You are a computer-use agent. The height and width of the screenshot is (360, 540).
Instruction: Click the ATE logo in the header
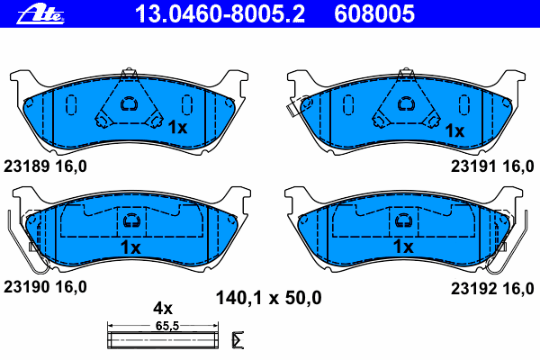40,14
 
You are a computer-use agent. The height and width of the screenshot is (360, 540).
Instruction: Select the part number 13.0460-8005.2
220,14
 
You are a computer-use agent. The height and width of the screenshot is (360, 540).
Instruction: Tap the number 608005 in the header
374,14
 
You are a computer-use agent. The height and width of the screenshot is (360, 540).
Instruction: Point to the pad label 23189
26,166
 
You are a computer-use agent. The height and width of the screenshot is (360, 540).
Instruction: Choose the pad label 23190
26,287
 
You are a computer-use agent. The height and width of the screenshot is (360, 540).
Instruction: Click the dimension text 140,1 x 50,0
268,298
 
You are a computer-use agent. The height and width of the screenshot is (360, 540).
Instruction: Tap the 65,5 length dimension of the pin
167,326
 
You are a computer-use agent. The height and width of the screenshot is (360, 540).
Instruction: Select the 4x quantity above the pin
163,309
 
